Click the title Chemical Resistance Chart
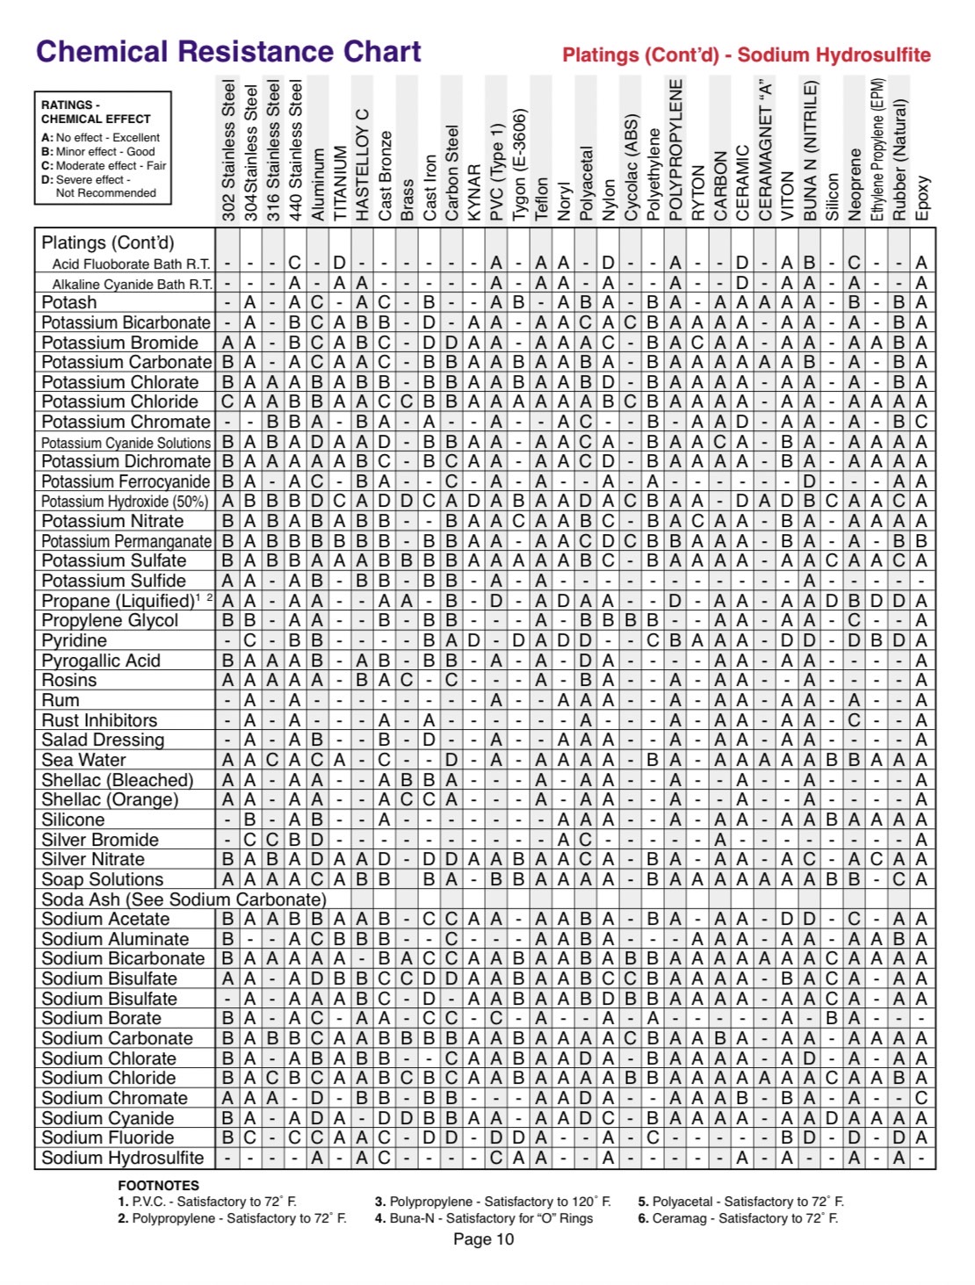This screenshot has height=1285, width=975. pyautogui.click(x=228, y=52)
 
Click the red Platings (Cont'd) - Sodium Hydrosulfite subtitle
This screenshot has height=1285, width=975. pyautogui.click(x=746, y=55)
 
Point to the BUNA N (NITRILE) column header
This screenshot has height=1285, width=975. pyautogui.click(x=810, y=150)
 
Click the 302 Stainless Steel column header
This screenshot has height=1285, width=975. pyautogui.click(x=228, y=150)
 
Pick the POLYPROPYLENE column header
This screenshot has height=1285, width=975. pyautogui.click(x=675, y=150)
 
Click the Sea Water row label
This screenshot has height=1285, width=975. pyautogui.click(x=83, y=760)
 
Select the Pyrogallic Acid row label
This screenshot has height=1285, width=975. pyautogui.click(x=101, y=661)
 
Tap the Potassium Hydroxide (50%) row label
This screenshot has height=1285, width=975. pyautogui.click(x=125, y=502)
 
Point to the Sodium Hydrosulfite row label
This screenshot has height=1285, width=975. pyautogui.click(x=122, y=1158)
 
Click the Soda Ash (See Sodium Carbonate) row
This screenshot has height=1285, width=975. pyautogui.click(x=184, y=899)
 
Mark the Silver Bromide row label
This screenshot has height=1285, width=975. pyautogui.click(x=100, y=840)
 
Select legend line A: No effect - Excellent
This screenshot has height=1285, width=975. pyautogui.click(x=100, y=138)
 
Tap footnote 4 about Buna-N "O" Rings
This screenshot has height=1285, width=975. pyautogui.click(x=483, y=1218)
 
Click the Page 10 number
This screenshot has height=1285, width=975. pyautogui.click(x=483, y=1239)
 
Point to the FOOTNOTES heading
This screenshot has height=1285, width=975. pyautogui.click(x=158, y=1185)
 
